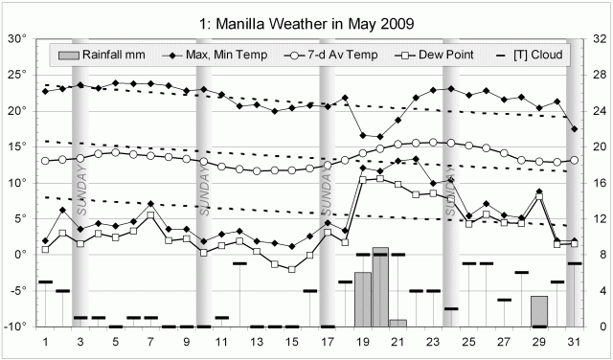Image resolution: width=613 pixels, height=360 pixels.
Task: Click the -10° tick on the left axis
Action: [x=16, y=326]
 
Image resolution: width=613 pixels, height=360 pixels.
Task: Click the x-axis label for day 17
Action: [x=328, y=341]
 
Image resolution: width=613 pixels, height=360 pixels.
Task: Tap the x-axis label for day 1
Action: [x=45, y=341]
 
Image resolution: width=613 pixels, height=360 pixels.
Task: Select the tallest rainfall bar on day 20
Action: [x=380, y=287]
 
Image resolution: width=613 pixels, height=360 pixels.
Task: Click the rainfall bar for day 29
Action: [x=539, y=311]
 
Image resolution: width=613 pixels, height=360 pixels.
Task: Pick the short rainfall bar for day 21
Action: [x=397, y=323]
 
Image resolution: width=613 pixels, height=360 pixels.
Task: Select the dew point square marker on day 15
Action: [x=292, y=269]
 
